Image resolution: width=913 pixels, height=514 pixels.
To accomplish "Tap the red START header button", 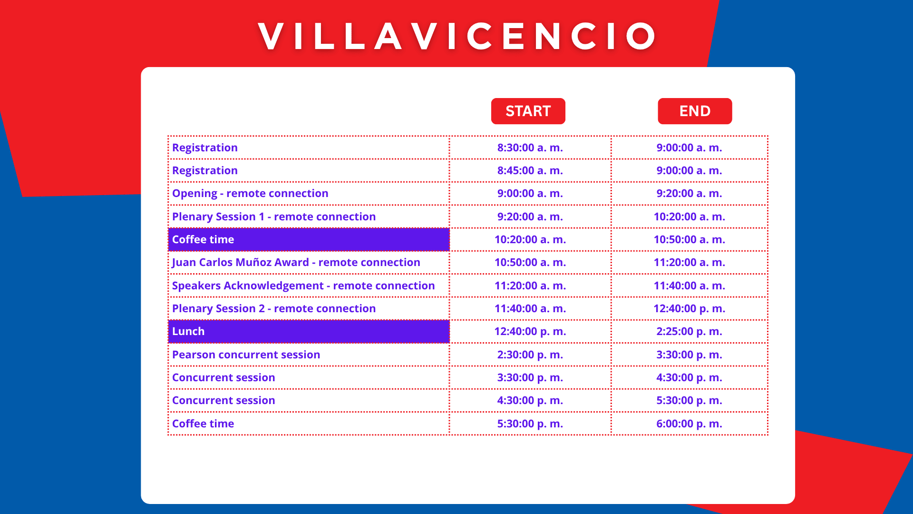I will pos(528,111).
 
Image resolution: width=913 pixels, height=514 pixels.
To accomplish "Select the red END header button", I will pos(694,111).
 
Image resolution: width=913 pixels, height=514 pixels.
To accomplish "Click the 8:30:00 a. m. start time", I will pos(530,148).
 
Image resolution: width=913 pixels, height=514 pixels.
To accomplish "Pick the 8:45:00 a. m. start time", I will pos(530,170).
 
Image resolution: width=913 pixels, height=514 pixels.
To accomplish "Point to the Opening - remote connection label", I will pos(250,193).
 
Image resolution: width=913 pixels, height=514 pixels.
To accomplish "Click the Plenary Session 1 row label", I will pos(274,217).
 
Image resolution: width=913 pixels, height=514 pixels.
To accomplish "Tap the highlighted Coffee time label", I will pos(203,239).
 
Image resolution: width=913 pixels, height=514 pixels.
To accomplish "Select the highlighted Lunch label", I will pos(188,331).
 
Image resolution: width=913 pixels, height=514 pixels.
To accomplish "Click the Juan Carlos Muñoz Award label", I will pos(296,262).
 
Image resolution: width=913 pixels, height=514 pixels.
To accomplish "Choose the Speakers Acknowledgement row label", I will pos(303,286).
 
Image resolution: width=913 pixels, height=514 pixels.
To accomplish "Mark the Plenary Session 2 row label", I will pos(274,308).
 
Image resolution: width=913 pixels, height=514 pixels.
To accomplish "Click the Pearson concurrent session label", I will pos(246,355).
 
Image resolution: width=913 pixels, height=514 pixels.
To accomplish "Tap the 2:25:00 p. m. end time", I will pos(689,331).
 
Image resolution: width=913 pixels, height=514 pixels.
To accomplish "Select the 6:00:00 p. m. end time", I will pos(689,424).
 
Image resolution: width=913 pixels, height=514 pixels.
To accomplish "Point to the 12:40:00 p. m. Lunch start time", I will pos(530,331).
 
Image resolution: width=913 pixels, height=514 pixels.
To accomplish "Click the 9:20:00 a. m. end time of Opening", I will pos(689,193).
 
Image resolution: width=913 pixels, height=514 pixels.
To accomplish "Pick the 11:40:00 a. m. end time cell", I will pos(689,286).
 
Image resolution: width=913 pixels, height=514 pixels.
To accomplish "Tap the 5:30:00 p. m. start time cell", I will pos(530,424).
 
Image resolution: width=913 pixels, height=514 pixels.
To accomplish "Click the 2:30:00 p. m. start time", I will pos(530,355).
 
